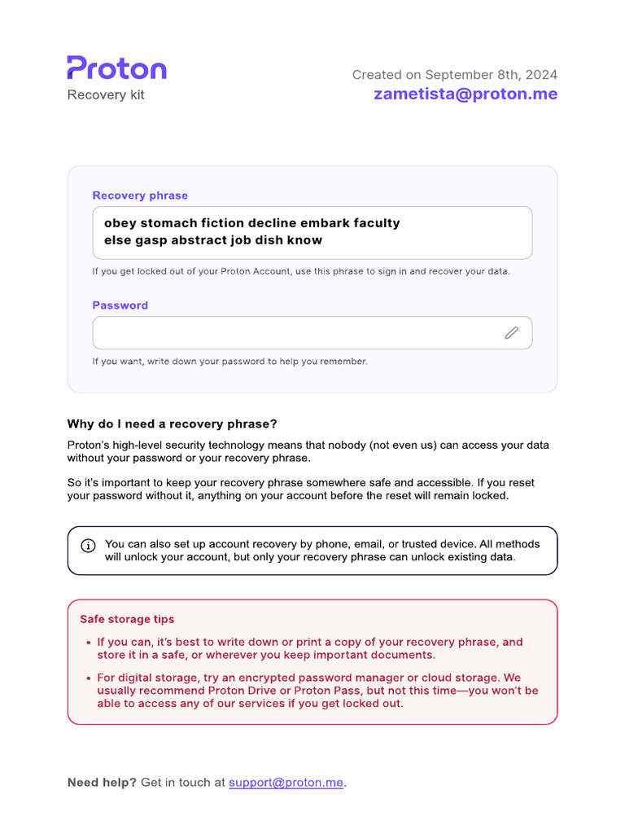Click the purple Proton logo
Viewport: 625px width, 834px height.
point(116,68)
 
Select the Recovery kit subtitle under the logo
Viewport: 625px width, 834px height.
point(106,94)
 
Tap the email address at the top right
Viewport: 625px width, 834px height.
point(465,94)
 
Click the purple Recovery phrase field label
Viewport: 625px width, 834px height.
point(140,195)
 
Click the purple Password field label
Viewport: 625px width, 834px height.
point(120,305)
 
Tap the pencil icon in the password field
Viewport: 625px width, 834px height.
point(511,332)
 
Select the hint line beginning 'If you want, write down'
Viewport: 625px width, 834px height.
point(229,361)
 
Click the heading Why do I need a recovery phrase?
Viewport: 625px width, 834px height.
point(172,424)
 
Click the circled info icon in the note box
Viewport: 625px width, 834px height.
point(88,545)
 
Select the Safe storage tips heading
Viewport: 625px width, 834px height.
point(127,619)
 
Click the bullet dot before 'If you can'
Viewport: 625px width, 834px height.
point(88,643)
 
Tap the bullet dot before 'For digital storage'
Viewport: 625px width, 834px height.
point(88,678)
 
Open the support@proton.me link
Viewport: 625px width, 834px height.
point(286,783)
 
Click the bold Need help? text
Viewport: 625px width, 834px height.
point(103,783)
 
